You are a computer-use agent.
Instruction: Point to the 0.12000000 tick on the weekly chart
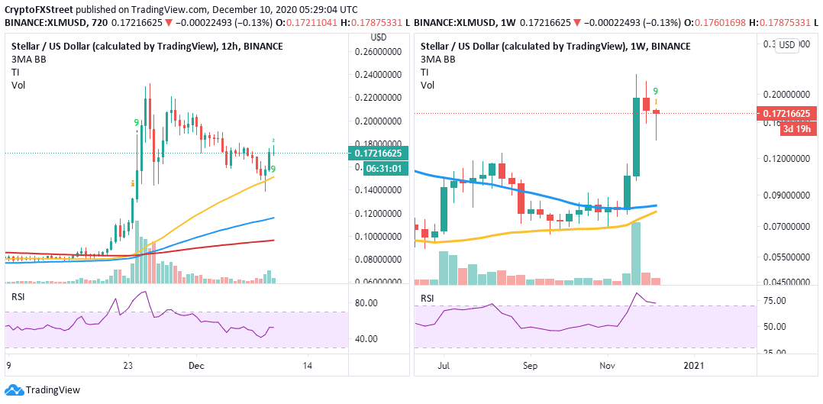tap(786, 159)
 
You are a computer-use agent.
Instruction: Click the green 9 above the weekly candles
tap(656, 91)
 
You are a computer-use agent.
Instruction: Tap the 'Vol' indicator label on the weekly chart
tap(427, 85)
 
